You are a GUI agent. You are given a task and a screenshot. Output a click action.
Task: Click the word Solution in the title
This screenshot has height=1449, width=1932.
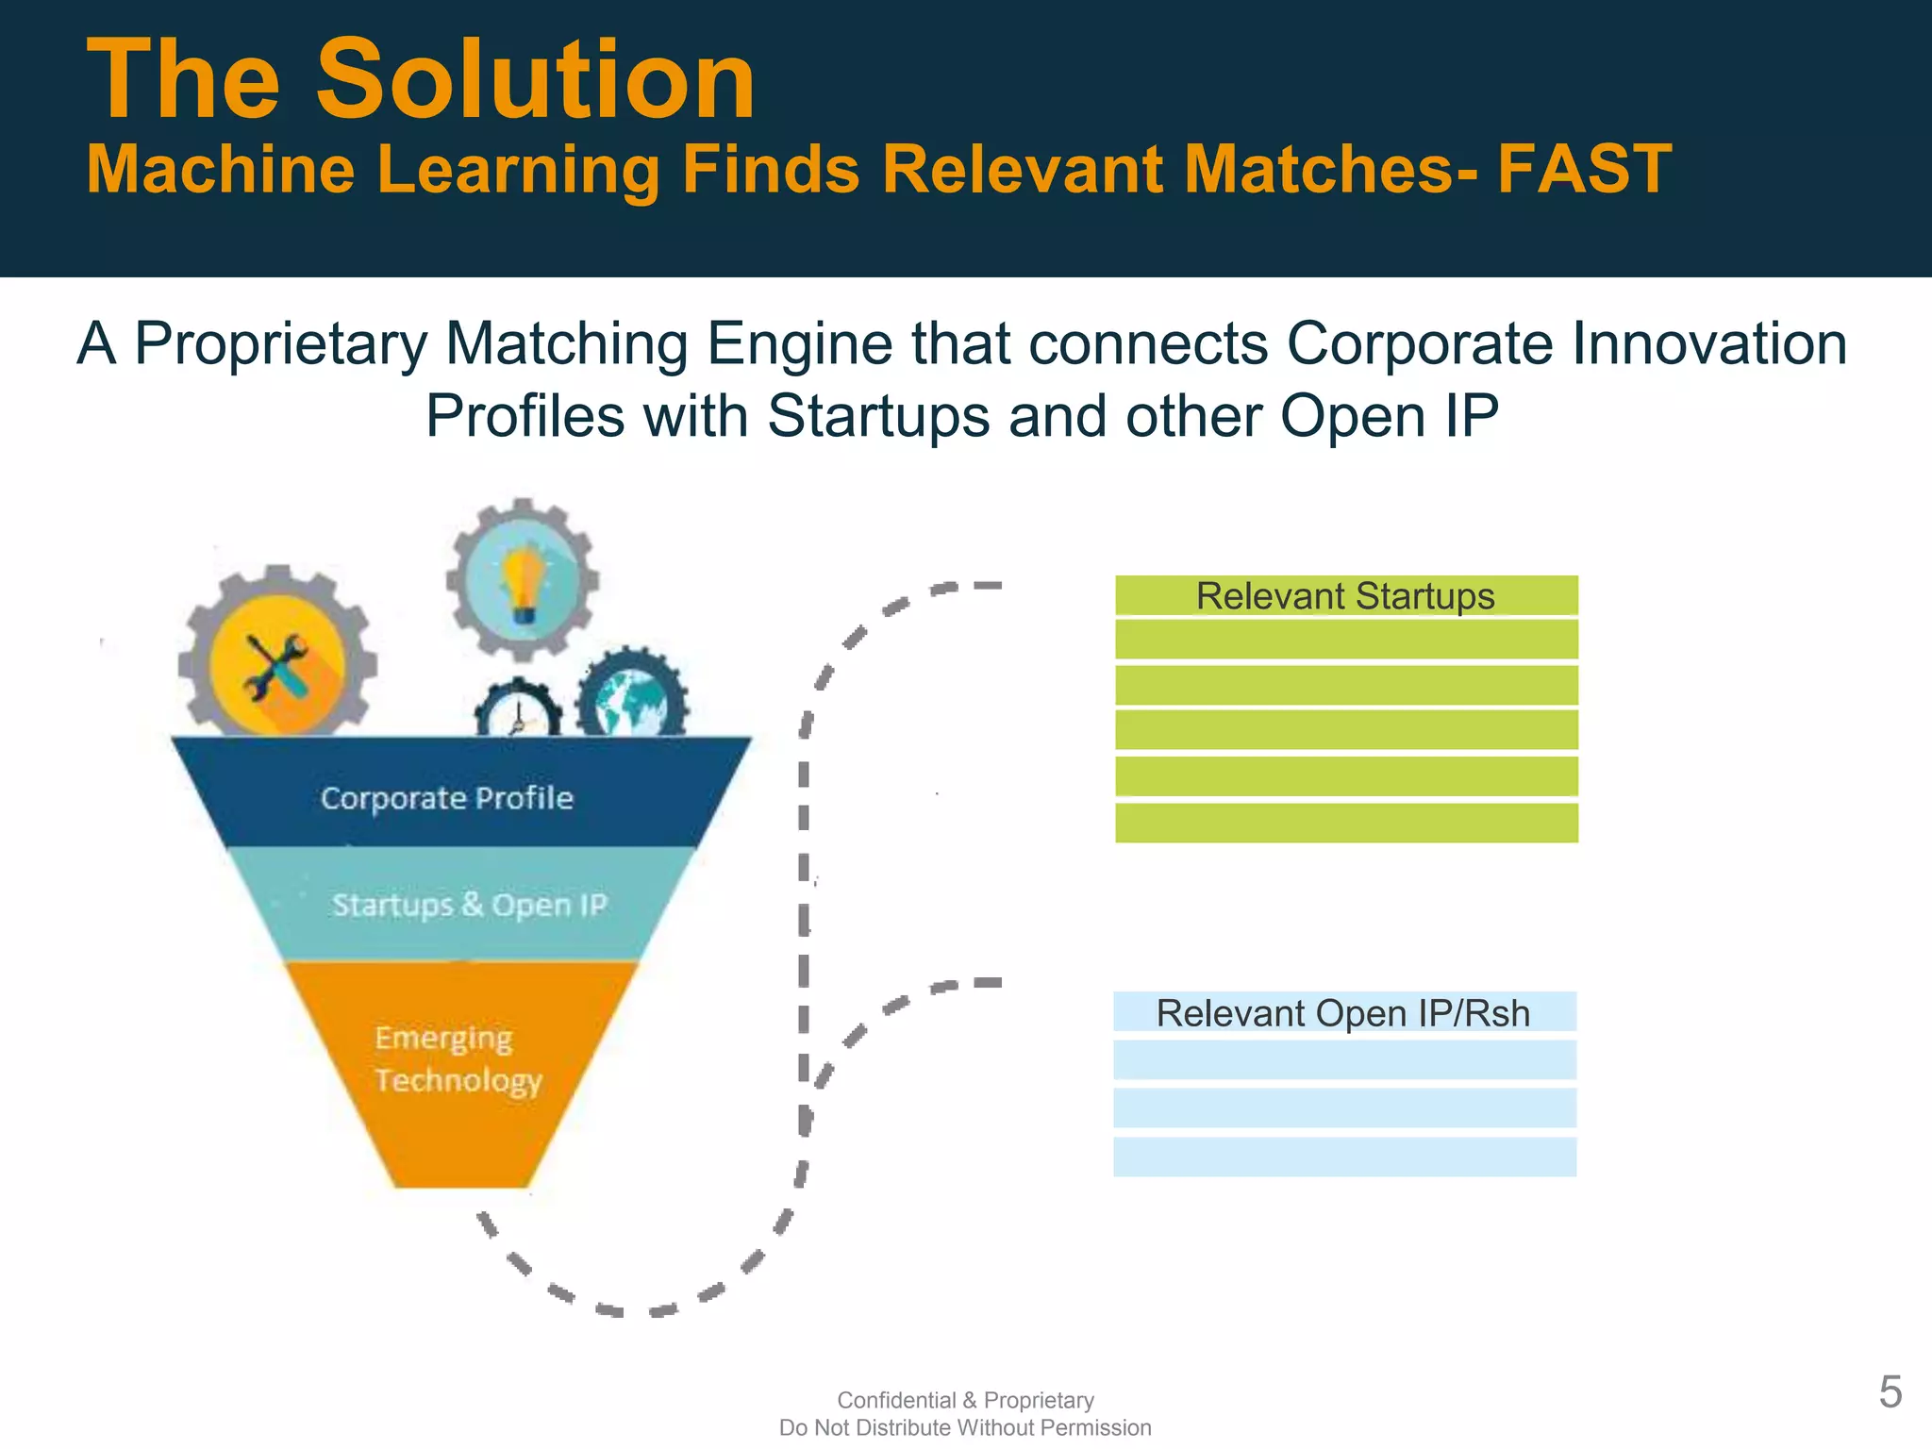[x=535, y=81]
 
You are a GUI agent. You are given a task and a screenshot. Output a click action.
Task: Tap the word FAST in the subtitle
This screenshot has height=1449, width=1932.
[x=1584, y=170]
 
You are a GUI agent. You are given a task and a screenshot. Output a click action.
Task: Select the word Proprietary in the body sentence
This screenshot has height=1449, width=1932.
[x=281, y=343]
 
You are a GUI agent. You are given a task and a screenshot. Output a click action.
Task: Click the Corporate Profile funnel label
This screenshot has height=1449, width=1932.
[x=447, y=798]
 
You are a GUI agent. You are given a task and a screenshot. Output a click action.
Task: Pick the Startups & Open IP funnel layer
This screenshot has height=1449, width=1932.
[x=469, y=905]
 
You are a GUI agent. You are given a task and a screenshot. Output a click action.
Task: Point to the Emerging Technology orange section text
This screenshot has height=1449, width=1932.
[x=458, y=1058]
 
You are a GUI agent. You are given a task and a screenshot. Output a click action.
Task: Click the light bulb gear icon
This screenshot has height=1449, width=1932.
[x=523, y=578]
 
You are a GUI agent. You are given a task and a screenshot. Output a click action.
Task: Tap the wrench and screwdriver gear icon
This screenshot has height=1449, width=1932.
[x=276, y=662]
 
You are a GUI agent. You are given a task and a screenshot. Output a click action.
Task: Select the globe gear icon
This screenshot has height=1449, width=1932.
[x=632, y=699]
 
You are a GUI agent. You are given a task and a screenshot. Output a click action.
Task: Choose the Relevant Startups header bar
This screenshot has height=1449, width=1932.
[x=1345, y=596]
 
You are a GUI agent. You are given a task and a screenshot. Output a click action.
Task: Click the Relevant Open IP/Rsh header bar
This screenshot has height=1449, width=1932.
[x=1343, y=1013]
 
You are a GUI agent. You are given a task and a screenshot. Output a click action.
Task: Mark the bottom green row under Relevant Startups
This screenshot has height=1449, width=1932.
[x=1345, y=822]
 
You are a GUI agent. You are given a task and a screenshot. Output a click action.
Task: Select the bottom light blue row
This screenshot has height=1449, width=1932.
[x=1343, y=1157]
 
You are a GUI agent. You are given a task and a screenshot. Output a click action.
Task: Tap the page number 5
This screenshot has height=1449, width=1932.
[x=1890, y=1392]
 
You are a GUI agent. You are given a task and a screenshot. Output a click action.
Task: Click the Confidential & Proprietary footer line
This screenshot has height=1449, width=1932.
[x=965, y=1400]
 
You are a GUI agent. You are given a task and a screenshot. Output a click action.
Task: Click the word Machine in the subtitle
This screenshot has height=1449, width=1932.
[x=221, y=170]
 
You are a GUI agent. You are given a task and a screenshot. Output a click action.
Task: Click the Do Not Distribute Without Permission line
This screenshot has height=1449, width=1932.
[x=965, y=1427]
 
